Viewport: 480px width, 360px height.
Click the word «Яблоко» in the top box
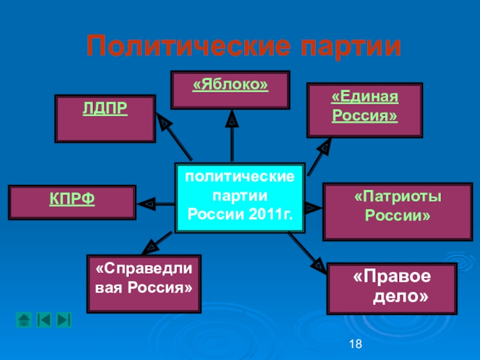230,86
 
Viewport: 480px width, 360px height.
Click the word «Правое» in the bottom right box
392,278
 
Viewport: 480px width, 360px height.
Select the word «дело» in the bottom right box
400,296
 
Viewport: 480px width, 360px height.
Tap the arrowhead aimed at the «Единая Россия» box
325,146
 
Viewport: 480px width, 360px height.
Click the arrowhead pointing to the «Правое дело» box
316,262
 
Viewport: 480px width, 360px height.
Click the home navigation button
24,320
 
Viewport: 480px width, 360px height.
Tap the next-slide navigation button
64,320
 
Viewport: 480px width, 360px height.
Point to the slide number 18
355,344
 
